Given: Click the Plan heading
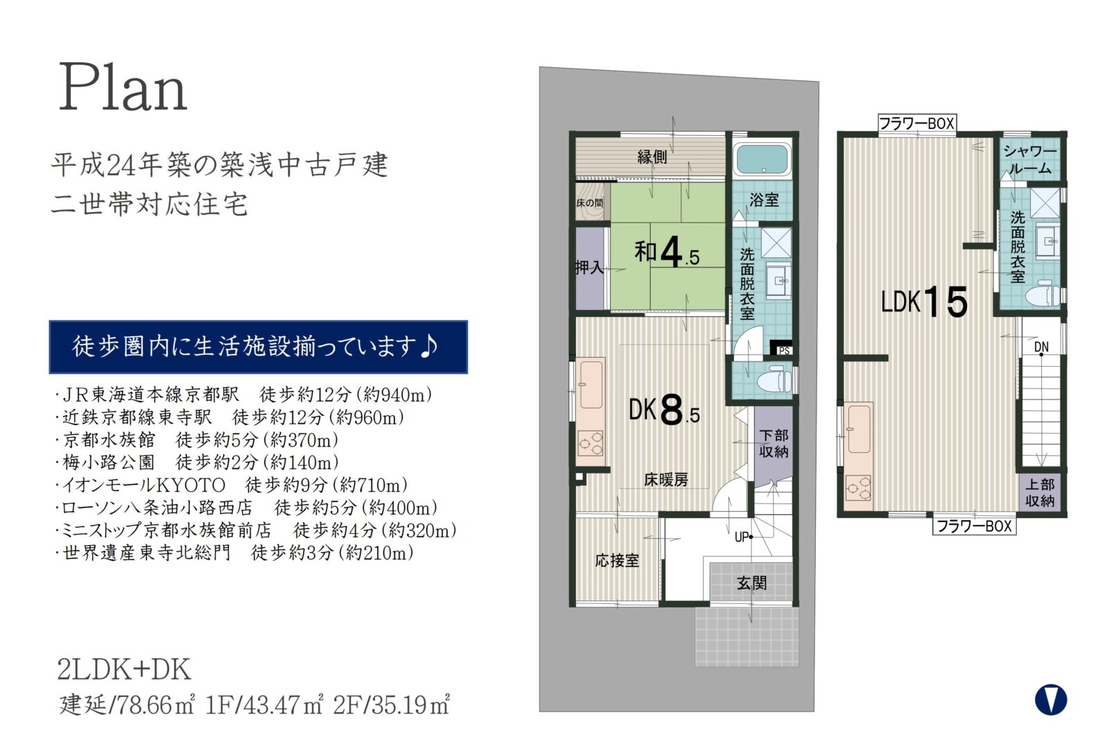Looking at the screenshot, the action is pos(122,87).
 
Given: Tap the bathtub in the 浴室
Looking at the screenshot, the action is pos(762,159).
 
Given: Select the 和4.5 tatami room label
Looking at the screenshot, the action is pos(667,252).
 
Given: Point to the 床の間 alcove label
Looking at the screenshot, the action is pos(590,202).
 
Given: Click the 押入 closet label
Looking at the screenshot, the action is pos(590,268).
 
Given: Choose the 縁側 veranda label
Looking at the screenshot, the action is pos(652,157).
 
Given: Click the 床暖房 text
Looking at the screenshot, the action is pos(666,480).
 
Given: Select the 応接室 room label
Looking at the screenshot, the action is pos(617,561).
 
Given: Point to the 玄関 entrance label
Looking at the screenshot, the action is pos(751,583).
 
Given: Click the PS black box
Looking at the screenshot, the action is pos(781,347).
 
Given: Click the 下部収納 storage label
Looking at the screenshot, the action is pos(774,443).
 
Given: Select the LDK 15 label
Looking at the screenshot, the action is pos(925,301).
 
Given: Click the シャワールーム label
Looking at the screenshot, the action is pos(1030,159).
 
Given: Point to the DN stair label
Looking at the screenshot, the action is pos(1041,347).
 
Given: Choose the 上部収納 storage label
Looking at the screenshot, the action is pos(1040,492).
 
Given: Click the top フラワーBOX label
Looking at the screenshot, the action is pos(917,123).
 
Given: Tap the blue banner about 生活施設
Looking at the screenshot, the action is pos(258,347).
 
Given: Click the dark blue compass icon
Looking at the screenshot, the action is pos(1051,700).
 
